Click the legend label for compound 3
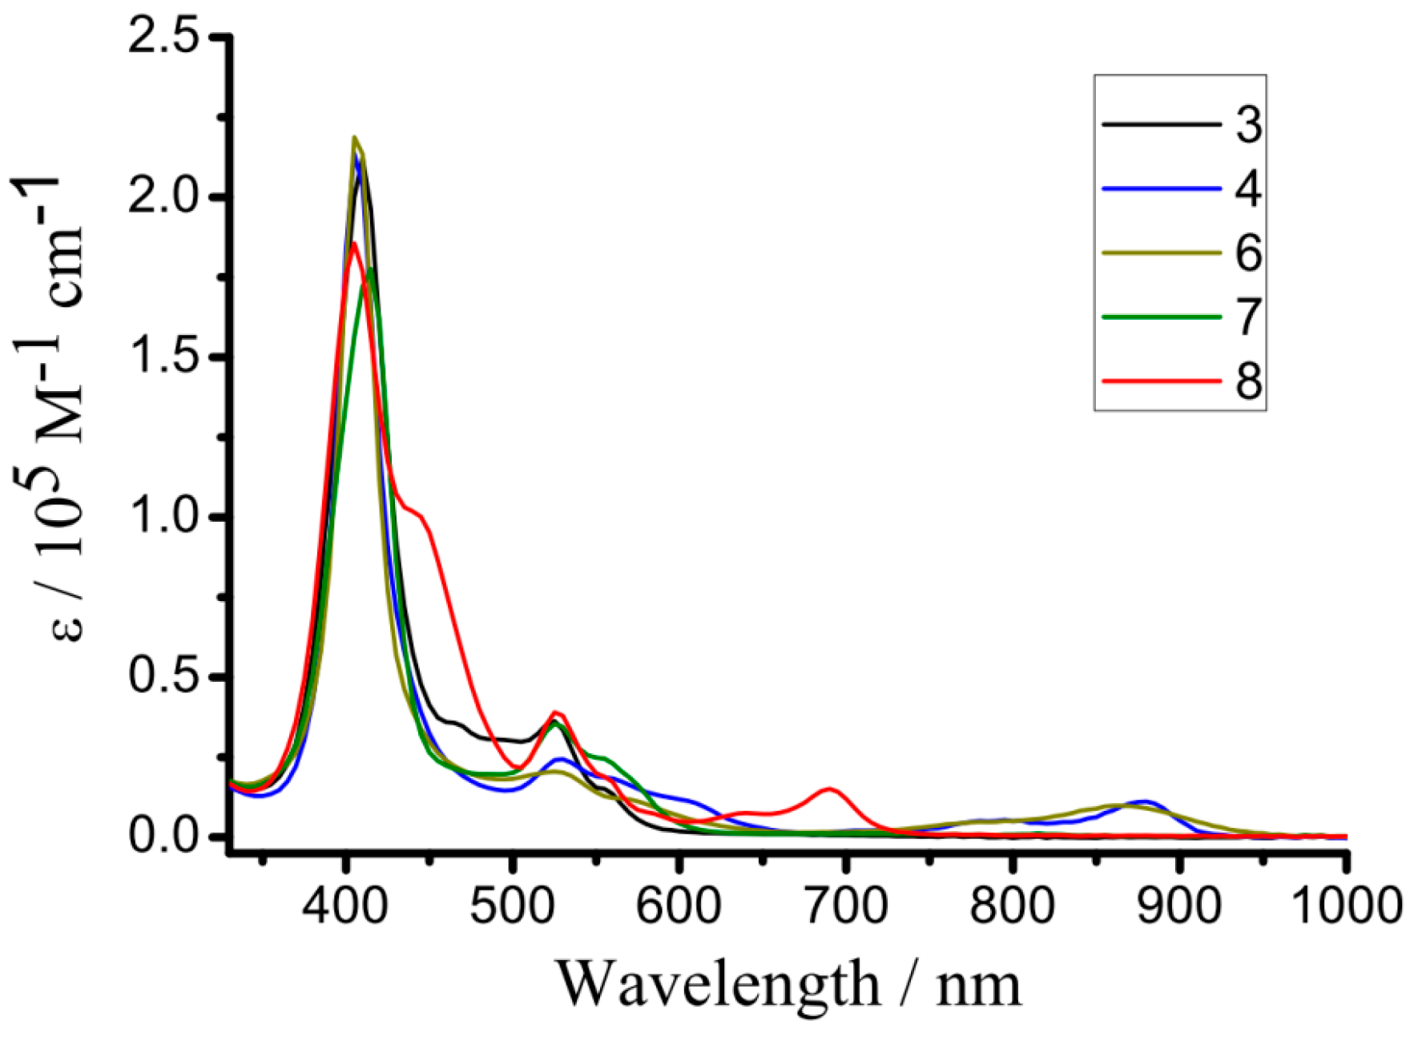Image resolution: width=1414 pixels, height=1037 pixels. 1247,125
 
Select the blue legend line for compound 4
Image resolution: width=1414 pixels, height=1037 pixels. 1161,189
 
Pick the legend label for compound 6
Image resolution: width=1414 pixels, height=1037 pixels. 1247,253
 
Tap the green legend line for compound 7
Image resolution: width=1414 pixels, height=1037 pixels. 1161,317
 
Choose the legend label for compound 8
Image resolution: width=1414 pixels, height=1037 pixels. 1247,381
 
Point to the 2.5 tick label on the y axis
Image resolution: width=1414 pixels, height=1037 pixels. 163,38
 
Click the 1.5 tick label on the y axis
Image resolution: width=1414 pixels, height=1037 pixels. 163,357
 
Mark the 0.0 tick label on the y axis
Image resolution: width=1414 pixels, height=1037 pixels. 163,837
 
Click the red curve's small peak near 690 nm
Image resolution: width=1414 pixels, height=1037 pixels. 830,789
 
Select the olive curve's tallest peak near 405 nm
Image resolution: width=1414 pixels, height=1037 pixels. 355,138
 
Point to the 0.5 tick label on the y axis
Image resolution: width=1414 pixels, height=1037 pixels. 163,677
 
